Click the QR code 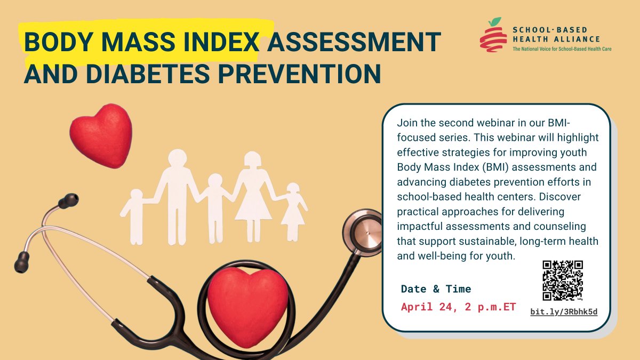pyautogui.click(x=563, y=281)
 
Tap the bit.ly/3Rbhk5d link pyautogui.click(x=564, y=311)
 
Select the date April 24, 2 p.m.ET pyautogui.click(x=458, y=307)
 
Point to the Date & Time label pyautogui.click(x=436, y=289)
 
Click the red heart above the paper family pyautogui.click(x=101, y=134)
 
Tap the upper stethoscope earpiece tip pyautogui.click(x=68, y=202)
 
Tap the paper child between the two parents pyautogui.click(x=214, y=205)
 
